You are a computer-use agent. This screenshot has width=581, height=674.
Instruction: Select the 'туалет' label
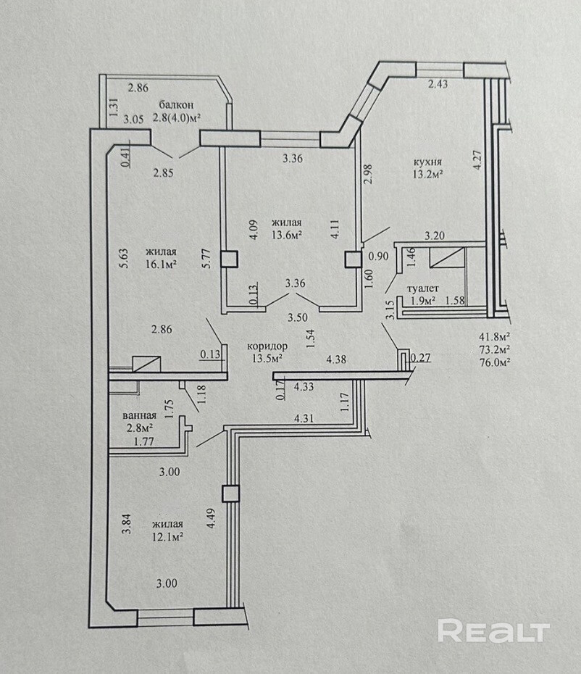(423, 288)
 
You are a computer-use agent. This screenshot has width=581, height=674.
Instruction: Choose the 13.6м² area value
(286, 234)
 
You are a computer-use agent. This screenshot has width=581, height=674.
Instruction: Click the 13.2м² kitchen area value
(427, 174)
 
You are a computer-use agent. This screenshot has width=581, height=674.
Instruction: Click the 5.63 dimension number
(124, 258)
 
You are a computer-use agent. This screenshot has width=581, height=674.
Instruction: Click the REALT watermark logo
(493, 631)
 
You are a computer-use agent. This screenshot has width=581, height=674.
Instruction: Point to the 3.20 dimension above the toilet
(434, 236)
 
